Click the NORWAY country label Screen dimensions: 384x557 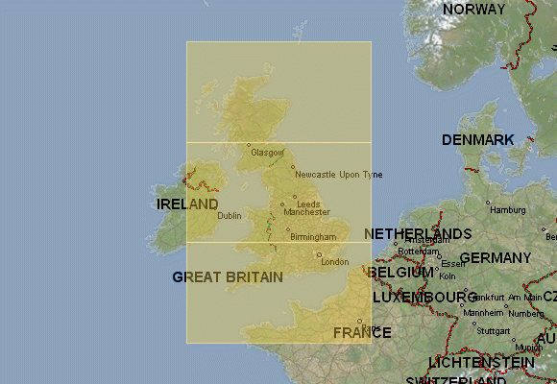(x=473, y=10)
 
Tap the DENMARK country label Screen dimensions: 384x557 (x=477, y=140)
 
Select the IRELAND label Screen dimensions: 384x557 (x=187, y=204)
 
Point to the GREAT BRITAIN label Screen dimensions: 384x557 (x=228, y=277)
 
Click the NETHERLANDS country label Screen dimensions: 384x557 (x=418, y=234)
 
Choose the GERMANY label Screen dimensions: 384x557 (x=495, y=258)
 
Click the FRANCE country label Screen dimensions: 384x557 (x=362, y=333)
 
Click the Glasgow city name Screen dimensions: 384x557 (x=267, y=153)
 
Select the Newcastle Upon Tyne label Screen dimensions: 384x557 (x=338, y=175)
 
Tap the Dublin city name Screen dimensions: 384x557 (x=230, y=216)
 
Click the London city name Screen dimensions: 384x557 (x=335, y=262)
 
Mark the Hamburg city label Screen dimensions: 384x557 (x=505, y=209)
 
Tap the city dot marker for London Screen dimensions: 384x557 (x=319, y=254)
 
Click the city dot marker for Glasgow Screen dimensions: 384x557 (x=249, y=146)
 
